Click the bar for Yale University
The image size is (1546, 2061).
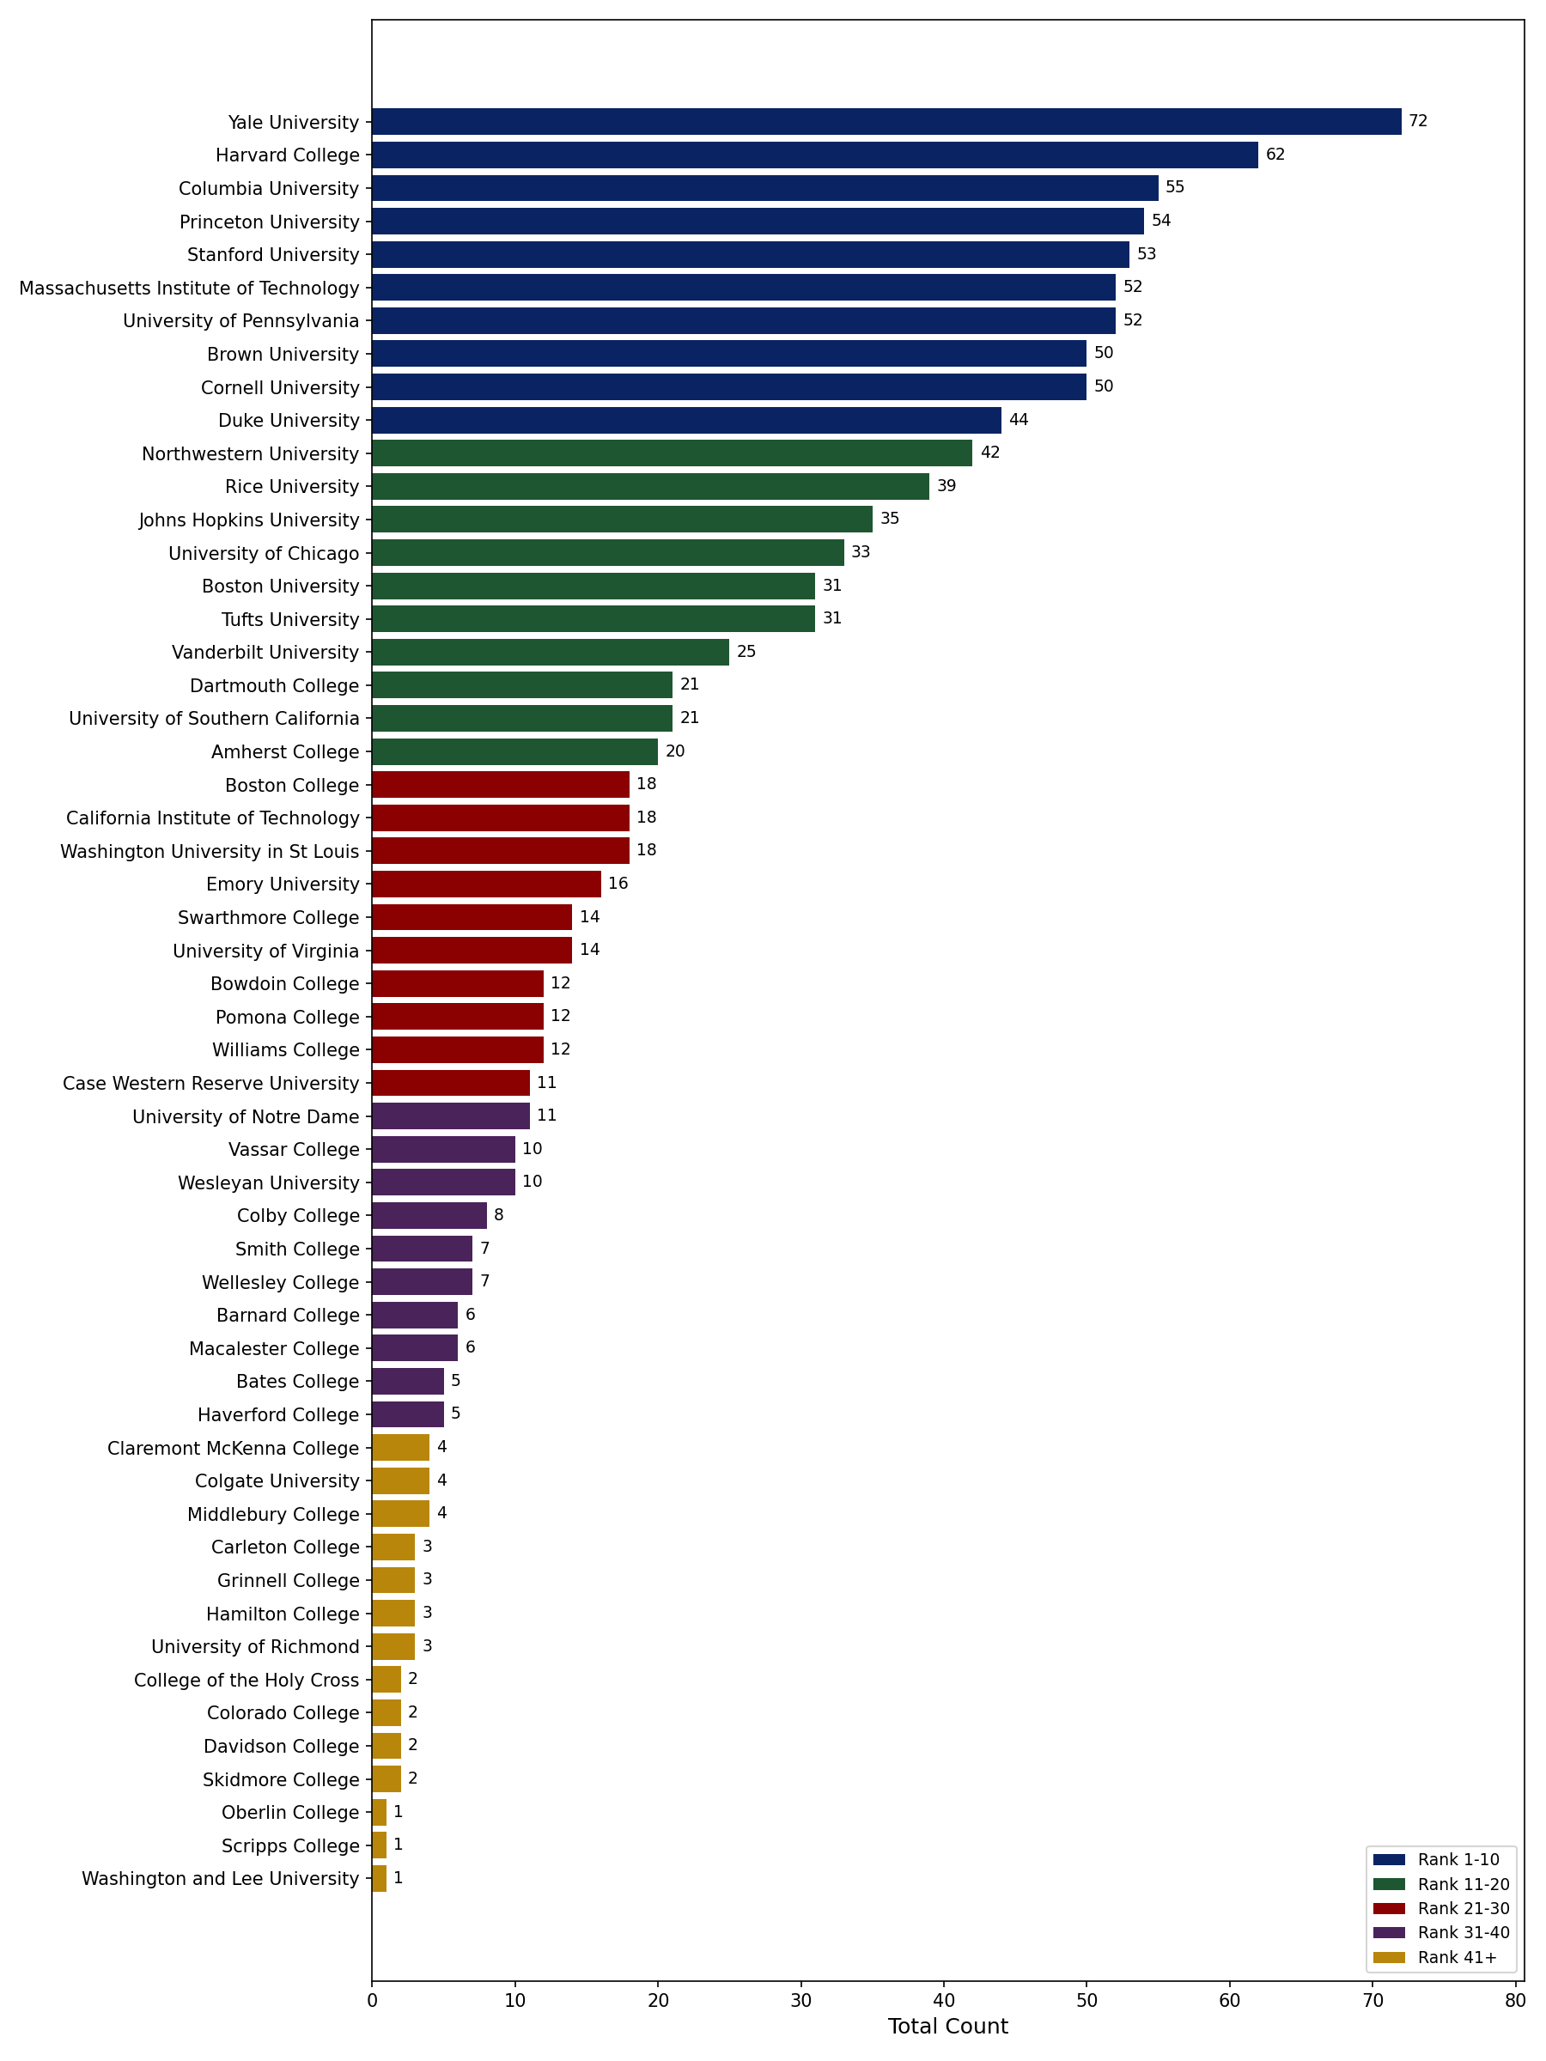886,122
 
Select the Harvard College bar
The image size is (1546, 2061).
814,155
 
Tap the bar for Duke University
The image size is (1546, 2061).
686,420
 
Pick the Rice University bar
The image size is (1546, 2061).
649,486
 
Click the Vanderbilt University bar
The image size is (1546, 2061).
550,652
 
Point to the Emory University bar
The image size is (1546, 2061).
485,885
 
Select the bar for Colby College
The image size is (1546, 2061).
429,1216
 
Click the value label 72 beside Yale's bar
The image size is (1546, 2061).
1417,121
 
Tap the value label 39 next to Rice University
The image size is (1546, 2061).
946,485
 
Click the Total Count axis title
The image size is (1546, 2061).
946,2026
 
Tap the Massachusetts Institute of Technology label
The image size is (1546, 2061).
189,288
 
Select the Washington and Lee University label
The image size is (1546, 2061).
220,1878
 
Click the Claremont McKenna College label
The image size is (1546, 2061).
233,1448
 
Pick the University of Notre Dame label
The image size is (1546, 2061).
245,1116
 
